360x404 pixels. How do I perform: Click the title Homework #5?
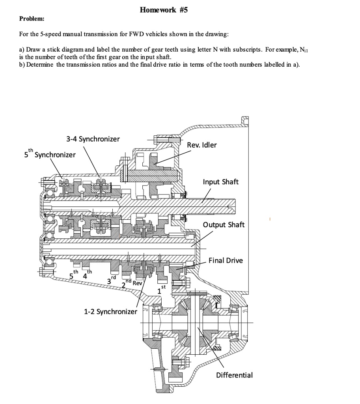(164, 10)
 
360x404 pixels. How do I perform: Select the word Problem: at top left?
(32, 19)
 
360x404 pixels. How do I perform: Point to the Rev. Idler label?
(202, 145)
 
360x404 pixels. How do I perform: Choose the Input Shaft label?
(220, 182)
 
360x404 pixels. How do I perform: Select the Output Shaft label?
(224, 224)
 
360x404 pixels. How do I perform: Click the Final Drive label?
(226, 260)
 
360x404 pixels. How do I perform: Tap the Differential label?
(234, 375)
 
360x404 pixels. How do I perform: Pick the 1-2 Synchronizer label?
(110, 311)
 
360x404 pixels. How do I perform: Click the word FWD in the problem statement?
(125, 34)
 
